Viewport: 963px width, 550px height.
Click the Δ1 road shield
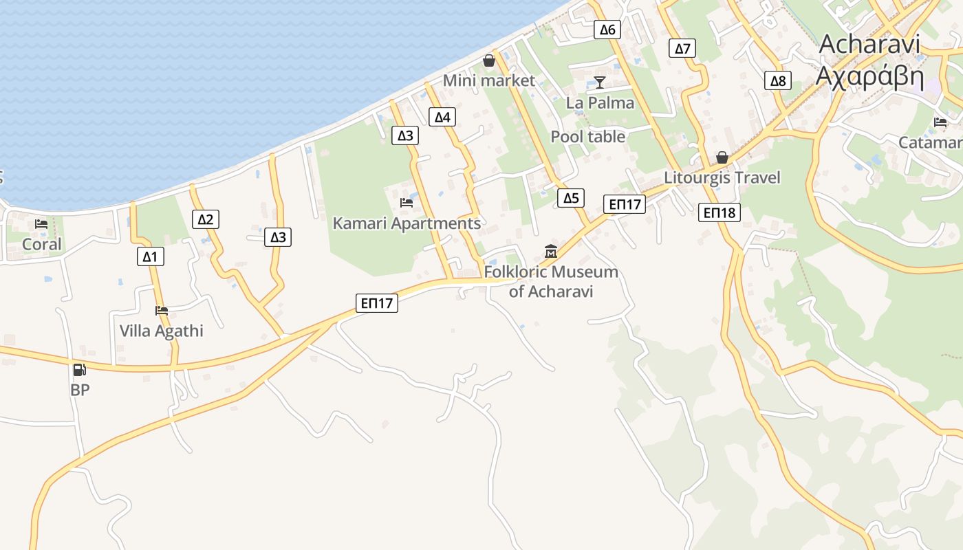pyautogui.click(x=150, y=257)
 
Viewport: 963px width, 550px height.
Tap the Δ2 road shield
pyautogui.click(x=205, y=219)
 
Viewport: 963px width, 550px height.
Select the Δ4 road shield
pyautogui.click(x=442, y=117)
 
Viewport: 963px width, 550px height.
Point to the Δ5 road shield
pyautogui.click(x=571, y=199)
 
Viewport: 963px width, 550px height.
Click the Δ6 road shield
pyautogui.click(x=607, y=29)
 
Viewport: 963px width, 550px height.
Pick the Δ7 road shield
pyautogui.click(x=682, y=48)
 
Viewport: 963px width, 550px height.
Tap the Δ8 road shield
pyautogui.click(x=778, y=81)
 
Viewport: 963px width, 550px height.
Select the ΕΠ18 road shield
pyautogui.click(x=719, y=212)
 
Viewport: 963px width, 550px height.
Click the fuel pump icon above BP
pyautogui.click(x=80, y=370)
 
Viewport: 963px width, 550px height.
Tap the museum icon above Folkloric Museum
pyautogui.click(x=550, y=252)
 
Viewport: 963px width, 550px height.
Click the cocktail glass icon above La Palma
pyautogui.click(x=600, y=82)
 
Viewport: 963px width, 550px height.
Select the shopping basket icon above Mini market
pyautogui.click(x=489, y=60)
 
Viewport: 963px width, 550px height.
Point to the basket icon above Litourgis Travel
pyautogui.click(x=722, y=157)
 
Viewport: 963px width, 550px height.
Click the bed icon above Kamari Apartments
pyautogui.click(x=407, y=203)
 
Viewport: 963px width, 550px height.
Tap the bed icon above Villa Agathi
pyautogui.click(x=162, y=311)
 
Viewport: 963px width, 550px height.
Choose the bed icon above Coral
pyautogui.click(x=41, y=224)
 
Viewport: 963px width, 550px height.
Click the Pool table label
pyautogui.click(x=588, y=137)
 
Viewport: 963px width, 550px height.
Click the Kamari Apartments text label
pyautogui.click(x=407, y=223)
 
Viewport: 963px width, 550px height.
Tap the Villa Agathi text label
pyautogui.click(x=162, y=331)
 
